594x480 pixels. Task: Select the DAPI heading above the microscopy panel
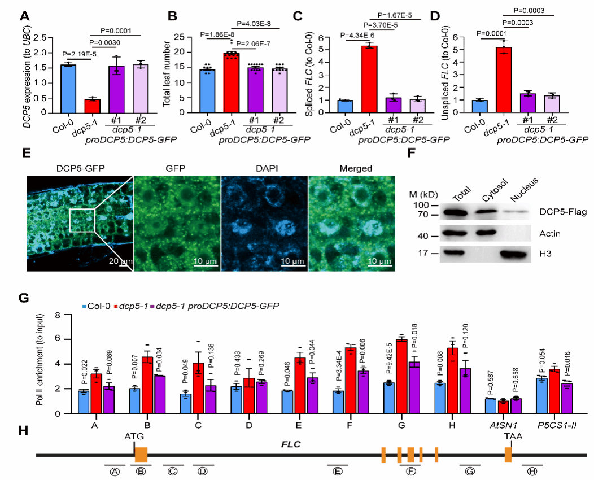click(x=264, y=169)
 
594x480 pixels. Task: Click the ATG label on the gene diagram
click(x=135, y=437)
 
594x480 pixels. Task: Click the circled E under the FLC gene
click(x=338, y=472)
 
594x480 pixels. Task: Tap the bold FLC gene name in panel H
click(x=290, y=444)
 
